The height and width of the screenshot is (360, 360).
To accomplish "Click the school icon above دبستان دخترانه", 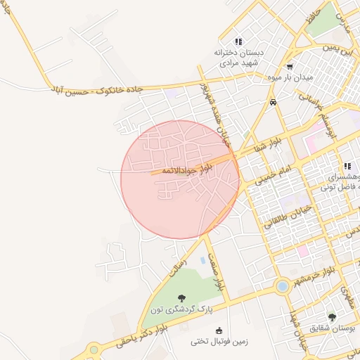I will pos(238,41).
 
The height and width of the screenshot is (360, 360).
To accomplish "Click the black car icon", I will pos(273,103).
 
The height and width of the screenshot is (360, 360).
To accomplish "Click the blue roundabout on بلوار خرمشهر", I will pos(282,286).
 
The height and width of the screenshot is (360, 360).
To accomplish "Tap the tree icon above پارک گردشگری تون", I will pos(182,298).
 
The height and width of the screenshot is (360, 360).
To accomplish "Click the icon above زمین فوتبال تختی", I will pos(219,330).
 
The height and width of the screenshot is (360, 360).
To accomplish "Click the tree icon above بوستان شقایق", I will pos(333,317).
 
